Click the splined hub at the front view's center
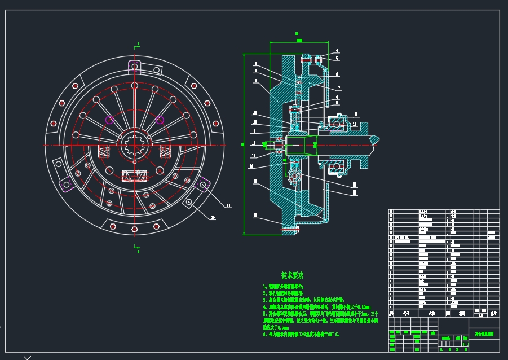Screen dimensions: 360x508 pyautogui.click(x=135, y=145)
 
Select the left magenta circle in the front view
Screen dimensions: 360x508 pyautogui.click(x=109, y=119)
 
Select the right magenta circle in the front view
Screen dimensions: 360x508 pyautogui.click(x=160, y=119)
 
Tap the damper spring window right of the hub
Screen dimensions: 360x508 pyautogui.click(x=166, y=151)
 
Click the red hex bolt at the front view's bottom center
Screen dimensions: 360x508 pyautogui.click(x=135, y=229)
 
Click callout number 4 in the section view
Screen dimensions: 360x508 pyautogui.click(x=337, y=51)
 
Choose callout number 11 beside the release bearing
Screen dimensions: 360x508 pyautogui.click(x=354, y=125)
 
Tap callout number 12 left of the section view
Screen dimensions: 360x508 pyautogui.click(x=254, y=143)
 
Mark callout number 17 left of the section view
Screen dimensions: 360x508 pyautogui.click(x=254, y=156)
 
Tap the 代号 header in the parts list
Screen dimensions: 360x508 pyautogui.click(x=405, y=312)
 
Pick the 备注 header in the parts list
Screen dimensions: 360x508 pyautogui.click(x=494, y=312)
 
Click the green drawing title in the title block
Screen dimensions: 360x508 pyautogui.click(x=484, y=335)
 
